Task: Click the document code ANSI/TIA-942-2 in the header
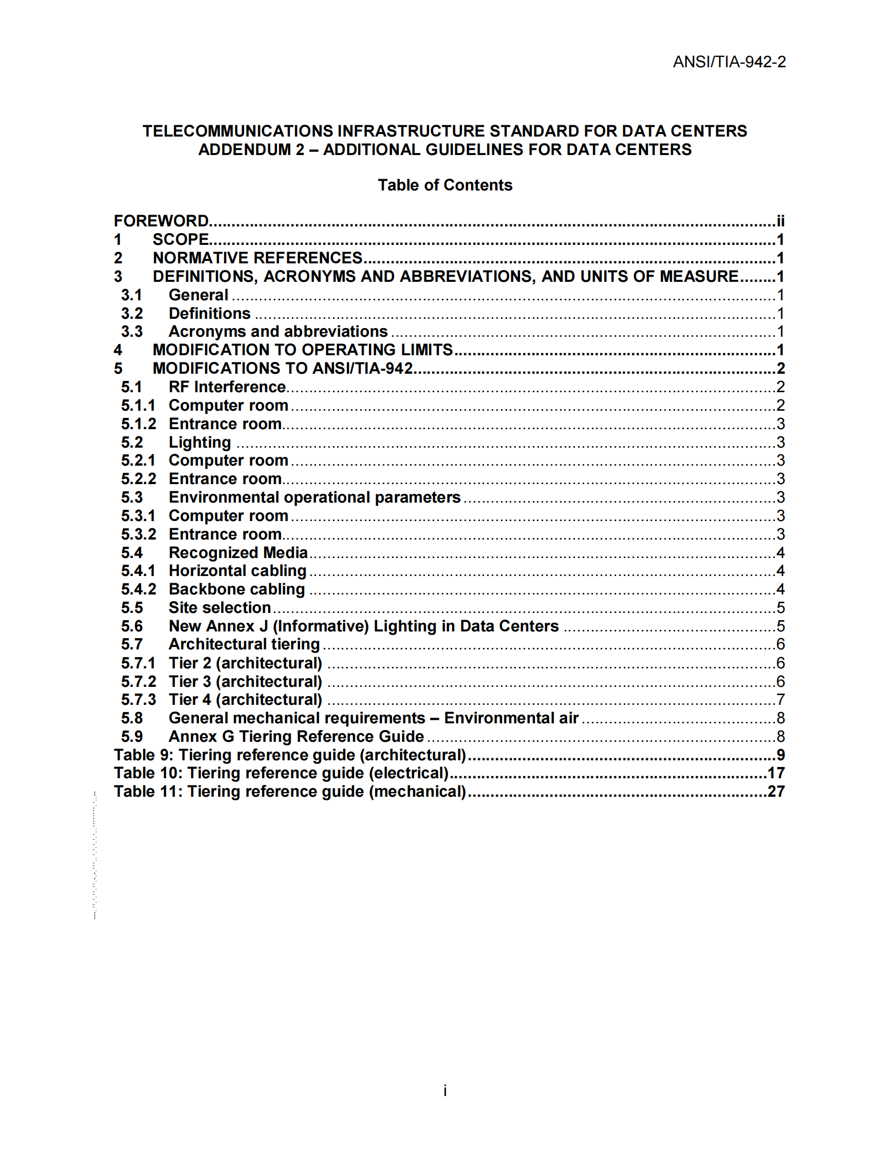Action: tap(729, 62)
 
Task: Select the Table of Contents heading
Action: tap(445, 185)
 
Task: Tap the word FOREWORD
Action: tap(161, 221)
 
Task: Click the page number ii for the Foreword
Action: tap(780, 221)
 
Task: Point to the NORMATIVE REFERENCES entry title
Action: tap(257, 258)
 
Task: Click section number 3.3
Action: tap(132, 331)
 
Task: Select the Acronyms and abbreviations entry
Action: tap(278, 331)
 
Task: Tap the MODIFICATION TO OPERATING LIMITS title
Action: tap(303, 350)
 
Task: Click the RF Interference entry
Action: tap(227, 387)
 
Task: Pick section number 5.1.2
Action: tap(138, 424)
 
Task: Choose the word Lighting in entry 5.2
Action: tap(199, 442)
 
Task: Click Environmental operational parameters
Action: tap(314, 497)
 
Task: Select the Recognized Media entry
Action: tap(238, 552)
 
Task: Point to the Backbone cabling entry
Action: tap(236, 589)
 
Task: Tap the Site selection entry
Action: tap(219, 608)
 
